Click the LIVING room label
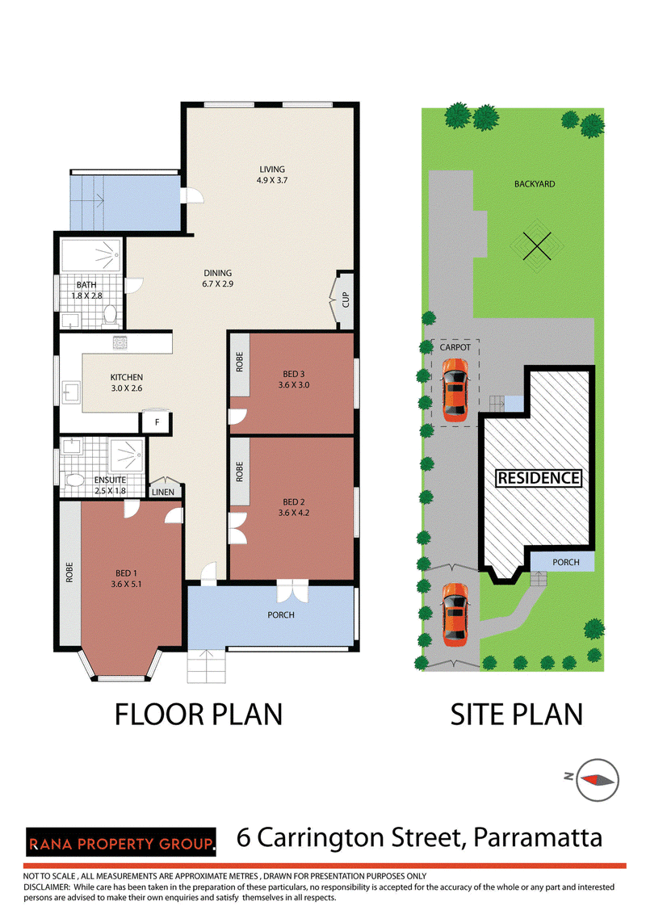pyautogui.click(x=272, y=175)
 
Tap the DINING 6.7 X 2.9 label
pyautogui.click(x=217, y=279)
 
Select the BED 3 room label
pyautogui.click(x=294, y=379)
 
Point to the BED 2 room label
pyautogui.click(x=294, y=507)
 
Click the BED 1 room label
pyautogui.click(x=127, y=578)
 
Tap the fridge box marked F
pyautogui.click(x=157, y=423)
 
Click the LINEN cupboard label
pyautogui.click(x=163, y=492)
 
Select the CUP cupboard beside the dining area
pyautogui.click(x=345, y=300)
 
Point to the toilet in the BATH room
pyautogui.click(x=110, y=315)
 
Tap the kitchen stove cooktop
pyautogui.click(x=120, y=342)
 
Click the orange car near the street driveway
pyautogui.click(x=455, y=614)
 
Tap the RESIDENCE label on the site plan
pyautogui.click(x=538, y=478)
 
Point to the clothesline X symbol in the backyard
pyautogui.click(x=536, y=246)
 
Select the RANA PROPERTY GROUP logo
pyautogui.click(x=120, y=842)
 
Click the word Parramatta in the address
pyautogui.click(x=538, y=837)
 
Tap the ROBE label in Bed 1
pyautogui.click(x=69, y=572)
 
